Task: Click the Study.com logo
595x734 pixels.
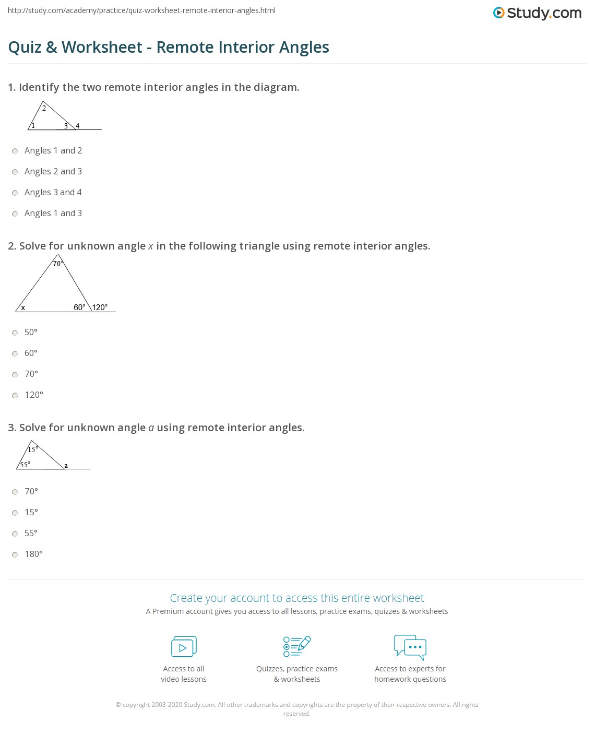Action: click(x=537, y=13)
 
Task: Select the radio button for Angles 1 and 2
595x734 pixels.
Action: click(x=15, y=151)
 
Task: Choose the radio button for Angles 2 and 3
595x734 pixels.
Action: click(x=15, y=172)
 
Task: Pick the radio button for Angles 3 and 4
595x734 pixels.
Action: click(x=15, y=193)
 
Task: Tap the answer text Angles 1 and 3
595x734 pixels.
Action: click(x=53, y=213)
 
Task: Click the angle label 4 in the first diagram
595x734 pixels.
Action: click(x=78, y=126)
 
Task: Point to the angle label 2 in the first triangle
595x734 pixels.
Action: click(x=44, y=108)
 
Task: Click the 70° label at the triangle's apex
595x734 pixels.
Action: click(x=58, y=264)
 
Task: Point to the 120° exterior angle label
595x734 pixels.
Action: click(x=100, y=307)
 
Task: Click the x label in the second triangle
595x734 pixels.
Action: click(x=23, y=307)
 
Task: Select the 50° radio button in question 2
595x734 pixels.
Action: click(x=15, y=333)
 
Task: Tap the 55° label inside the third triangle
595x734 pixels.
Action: click(x=25, y=464)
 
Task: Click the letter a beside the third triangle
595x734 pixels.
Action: click(x=66, y=465)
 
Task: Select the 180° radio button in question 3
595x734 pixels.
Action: click(x=15, y=555)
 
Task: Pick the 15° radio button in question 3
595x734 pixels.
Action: click(x=15, y=513)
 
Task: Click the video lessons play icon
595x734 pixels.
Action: click(x=184, y=647)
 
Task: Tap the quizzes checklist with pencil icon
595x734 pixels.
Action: click(x=297, y=646)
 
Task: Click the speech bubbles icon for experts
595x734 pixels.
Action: click(x=410, y=647)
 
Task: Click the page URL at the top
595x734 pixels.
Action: click(x=141, y=10)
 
